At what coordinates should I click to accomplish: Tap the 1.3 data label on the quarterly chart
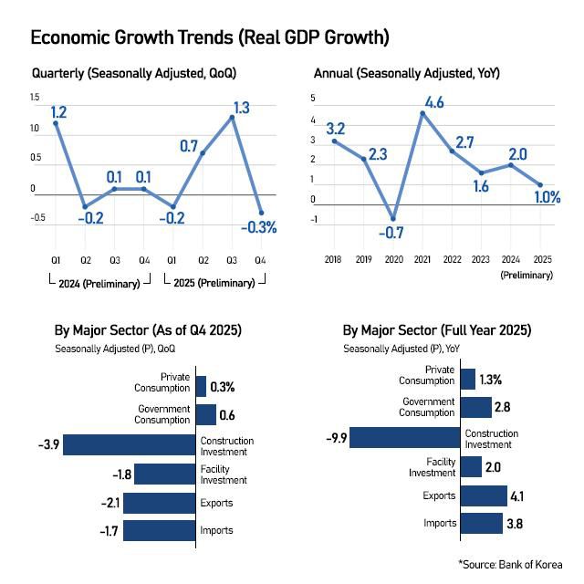click(x=241, y=108)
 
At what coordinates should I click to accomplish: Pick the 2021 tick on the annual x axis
click(x=422, y=260)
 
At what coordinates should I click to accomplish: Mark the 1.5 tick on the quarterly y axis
click(x=35, y=97)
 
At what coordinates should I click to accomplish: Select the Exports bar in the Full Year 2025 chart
click(x=484, y=495)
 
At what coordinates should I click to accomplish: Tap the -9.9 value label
click(x=336, y=439)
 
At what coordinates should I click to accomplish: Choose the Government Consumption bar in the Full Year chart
click(x=476, y=407)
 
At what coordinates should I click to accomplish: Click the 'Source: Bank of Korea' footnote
click(x=510, y=564)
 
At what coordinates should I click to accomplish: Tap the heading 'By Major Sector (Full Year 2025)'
click(x=436, y=330)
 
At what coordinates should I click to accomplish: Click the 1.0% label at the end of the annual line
click(x=547, y=197)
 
